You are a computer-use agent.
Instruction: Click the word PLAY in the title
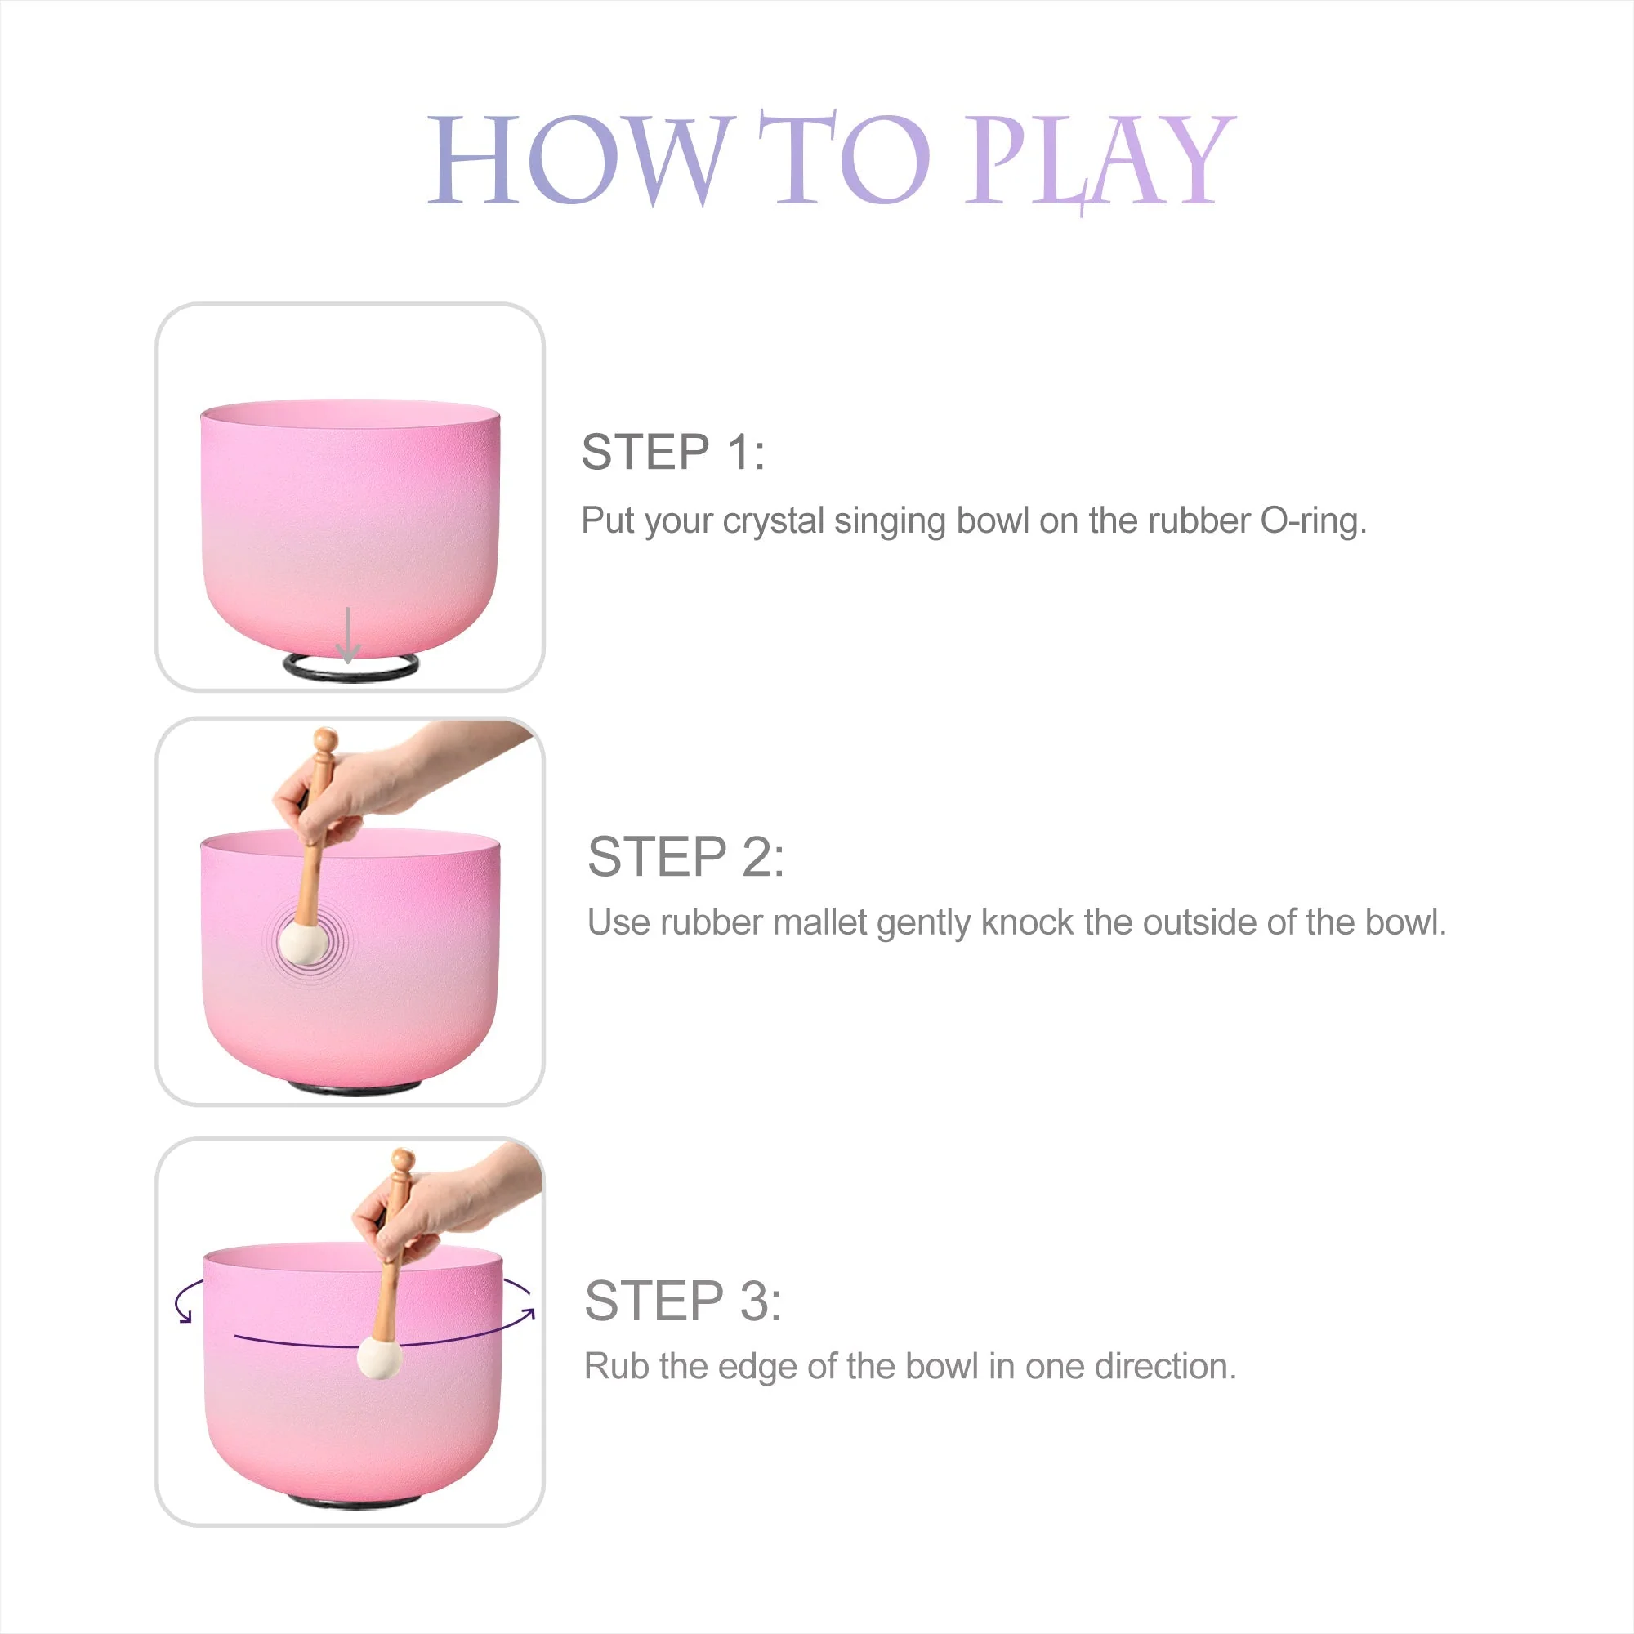[1100, 161]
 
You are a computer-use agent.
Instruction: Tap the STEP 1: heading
[673, 453]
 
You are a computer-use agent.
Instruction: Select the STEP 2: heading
[686, 857]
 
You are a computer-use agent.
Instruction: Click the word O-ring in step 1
[1313, 521]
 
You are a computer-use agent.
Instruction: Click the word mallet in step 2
[819, 922]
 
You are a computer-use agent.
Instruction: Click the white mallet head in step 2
[303, 942]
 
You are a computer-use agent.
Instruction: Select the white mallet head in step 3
[380, 1356]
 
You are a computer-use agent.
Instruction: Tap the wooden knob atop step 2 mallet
[325, 741]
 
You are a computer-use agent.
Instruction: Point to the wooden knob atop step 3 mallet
[404, 1159]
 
